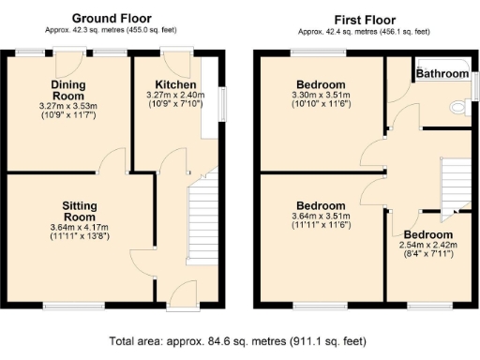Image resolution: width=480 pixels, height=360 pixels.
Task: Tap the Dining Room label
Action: tap(67, 90)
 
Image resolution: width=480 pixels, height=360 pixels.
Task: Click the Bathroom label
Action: tap(442, 73)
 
